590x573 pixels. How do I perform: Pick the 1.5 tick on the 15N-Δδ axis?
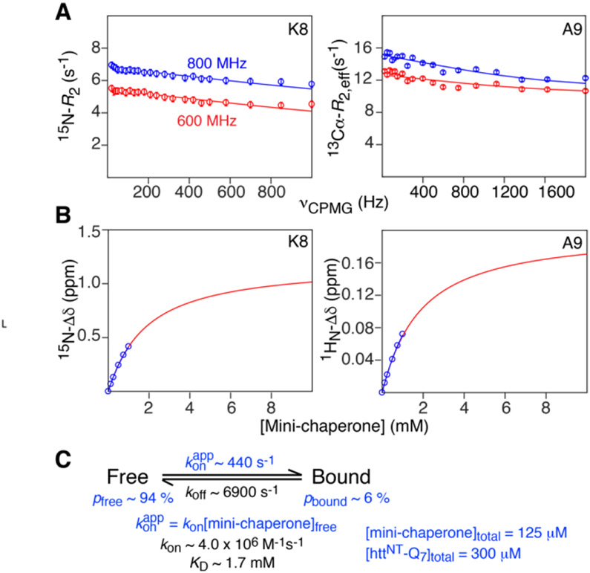click(x=87, y=230)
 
